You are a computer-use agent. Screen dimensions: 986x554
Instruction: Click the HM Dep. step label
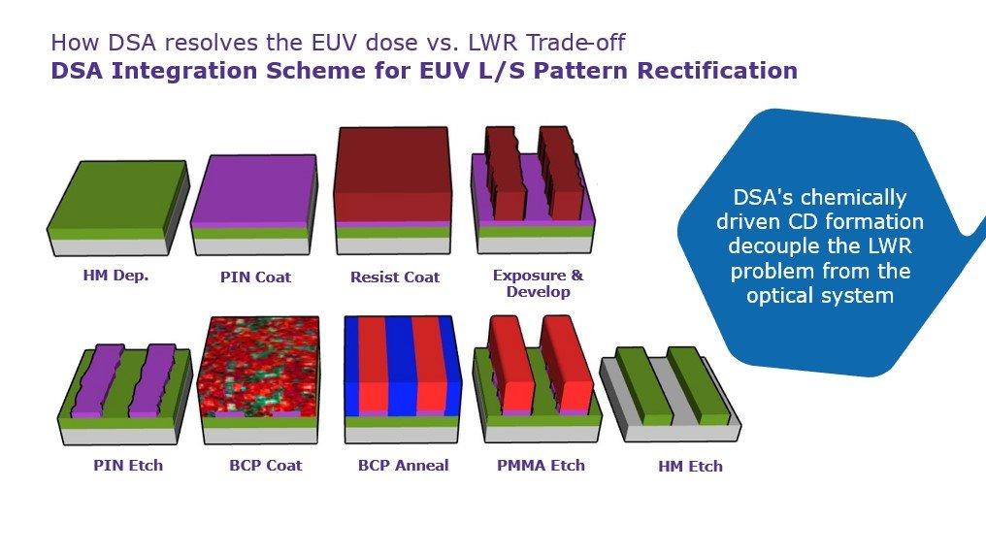(115, 276)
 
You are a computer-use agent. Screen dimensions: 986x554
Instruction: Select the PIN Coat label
(255, 277)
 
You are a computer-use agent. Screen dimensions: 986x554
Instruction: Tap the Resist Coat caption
(395, 277)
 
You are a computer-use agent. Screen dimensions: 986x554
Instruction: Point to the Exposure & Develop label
(539, 283)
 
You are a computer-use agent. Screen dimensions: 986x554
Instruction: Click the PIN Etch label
(128, 466)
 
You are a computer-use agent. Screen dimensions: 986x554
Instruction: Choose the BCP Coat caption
(265, 466)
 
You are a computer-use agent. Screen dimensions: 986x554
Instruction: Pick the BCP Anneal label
(403, 466)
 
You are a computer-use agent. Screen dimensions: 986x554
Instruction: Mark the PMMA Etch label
(541, 466)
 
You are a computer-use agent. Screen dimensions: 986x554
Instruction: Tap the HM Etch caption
(690, 467)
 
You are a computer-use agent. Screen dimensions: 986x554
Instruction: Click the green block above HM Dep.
(118, 209)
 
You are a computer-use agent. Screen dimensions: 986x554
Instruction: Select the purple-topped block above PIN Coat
(254, 205)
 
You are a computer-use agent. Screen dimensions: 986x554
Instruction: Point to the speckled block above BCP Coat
(259, 379)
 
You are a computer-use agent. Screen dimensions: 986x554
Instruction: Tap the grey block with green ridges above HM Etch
(671, 394)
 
